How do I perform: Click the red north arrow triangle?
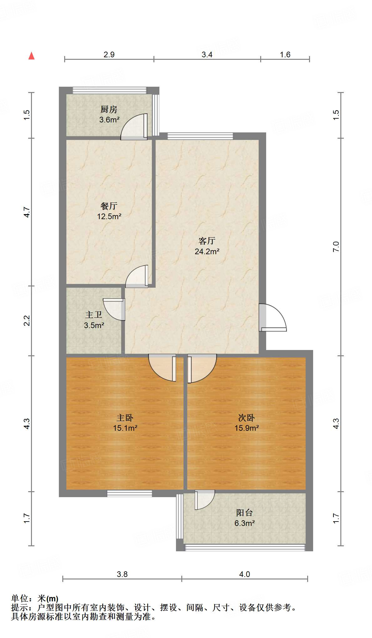[x=31, y=56]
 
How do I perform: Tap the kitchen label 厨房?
[x=109, y=109]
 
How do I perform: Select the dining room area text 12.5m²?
[x=109, y=216]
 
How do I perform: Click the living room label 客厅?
[x=207, y=241]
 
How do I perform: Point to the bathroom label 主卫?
[x=94, y=315]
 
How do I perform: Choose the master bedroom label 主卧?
[x=125, y=418]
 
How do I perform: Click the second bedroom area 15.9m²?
[x=246, y=428]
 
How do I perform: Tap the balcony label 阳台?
[x=244, y=513]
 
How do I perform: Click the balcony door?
[x=204, y=500]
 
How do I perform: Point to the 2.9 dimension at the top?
[x=109, y=55]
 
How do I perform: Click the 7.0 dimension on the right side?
[x=336, y=247]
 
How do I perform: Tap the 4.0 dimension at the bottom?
[x=245, y=574]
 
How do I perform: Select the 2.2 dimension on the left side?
[x=27, y=321]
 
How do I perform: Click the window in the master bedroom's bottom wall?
[x=129, y=493]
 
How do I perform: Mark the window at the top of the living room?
[x=200, y=136]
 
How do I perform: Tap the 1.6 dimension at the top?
[x=285, y=55]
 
